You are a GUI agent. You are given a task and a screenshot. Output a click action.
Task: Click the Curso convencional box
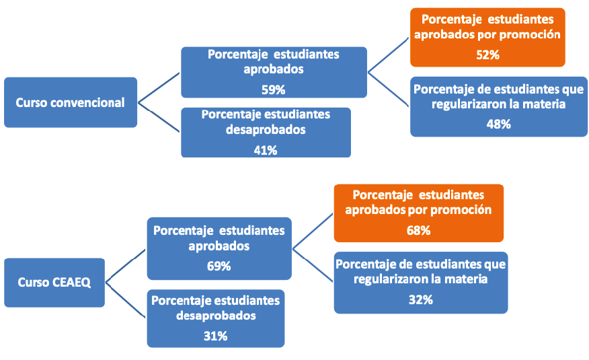click(70, 102)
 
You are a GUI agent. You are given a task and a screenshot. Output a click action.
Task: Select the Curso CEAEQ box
click(54, 282)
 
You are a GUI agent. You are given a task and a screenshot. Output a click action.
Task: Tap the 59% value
click(274, 89)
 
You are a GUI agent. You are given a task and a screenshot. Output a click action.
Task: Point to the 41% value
click(266, 150)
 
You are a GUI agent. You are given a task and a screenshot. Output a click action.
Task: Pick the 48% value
click(499, 124)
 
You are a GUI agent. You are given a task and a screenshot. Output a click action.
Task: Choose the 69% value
click(219, 266)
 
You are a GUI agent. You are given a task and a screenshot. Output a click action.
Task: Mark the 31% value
click(215, 336)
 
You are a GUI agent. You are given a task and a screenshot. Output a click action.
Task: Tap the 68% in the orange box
click(418, 230)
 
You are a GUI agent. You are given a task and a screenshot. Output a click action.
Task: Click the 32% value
click(420, 299)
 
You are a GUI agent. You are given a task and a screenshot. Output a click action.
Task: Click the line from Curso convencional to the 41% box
click(159, 118)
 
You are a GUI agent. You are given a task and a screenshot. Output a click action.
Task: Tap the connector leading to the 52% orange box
click(389, 55)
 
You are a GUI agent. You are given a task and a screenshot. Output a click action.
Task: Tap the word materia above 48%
click(542, 104)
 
